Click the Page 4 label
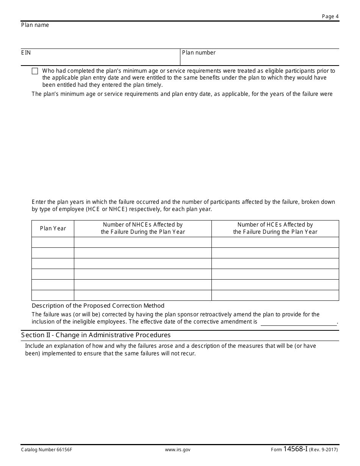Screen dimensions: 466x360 [x=330, y=16]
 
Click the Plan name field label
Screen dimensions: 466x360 [x=35, y=25]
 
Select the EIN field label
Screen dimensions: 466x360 [x=26, y=53]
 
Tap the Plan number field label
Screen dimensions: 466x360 [x=199, y=53]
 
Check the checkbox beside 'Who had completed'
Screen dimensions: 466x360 [x=35, y=71]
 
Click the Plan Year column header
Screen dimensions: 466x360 [x=53, y=228]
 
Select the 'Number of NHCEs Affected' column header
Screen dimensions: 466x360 [x=143, y=228]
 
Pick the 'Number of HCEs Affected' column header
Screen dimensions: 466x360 [x=275, y=228]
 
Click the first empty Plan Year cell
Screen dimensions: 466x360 [x=53, y=242]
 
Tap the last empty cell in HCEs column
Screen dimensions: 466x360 [x=275, y=295]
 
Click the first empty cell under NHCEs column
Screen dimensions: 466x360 [x=143, y=242]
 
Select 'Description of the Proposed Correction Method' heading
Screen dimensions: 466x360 [x=98, y=306]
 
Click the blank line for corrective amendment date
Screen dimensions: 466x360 [x=298, y=322]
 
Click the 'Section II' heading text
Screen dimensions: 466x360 [x=96, y=335]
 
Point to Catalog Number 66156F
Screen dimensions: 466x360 [x=46, y=450]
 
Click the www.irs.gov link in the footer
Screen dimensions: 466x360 [x=178, y=450]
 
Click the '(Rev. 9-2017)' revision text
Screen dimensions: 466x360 [x=323, y=450]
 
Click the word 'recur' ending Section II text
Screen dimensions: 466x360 [x=188, y=354]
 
